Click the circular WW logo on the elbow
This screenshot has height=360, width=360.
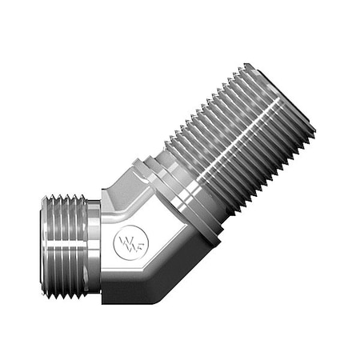128,241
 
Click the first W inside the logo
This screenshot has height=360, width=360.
123,240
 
